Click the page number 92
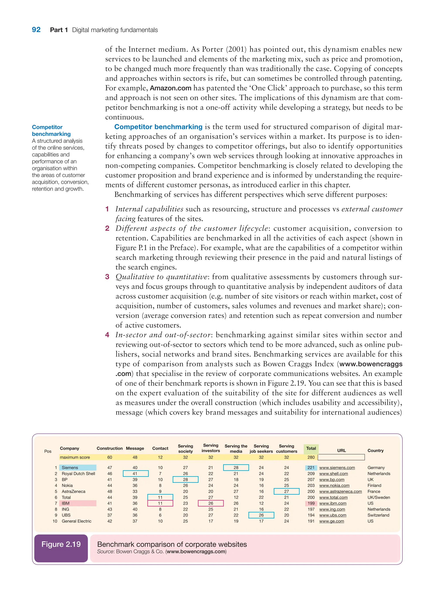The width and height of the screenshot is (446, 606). click(36, 30)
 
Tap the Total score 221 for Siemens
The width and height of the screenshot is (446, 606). click(311, 468)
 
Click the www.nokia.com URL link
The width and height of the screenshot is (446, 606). click(334, 485)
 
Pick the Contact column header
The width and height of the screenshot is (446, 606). click(160, 448)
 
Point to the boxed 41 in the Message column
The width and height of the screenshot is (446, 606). click(135, 473)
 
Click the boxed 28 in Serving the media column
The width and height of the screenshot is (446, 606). click(236, 468)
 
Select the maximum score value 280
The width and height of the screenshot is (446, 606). click(311, 457)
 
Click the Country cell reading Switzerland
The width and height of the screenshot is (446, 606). click(378, 515)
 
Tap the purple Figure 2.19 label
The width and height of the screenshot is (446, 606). click(61, 544)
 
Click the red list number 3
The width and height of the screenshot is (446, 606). click(107, 277)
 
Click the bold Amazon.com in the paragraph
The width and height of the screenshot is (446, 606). click(171, 88)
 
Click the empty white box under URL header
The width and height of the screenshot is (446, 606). click(341, 457)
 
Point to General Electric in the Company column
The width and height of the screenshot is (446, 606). click(76, 521)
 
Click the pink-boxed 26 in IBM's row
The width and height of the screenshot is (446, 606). click(211, 503)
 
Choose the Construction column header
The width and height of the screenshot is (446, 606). click(110, 448)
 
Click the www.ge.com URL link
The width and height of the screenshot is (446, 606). click(331, 521)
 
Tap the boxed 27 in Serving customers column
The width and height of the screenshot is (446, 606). click(286, 491)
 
